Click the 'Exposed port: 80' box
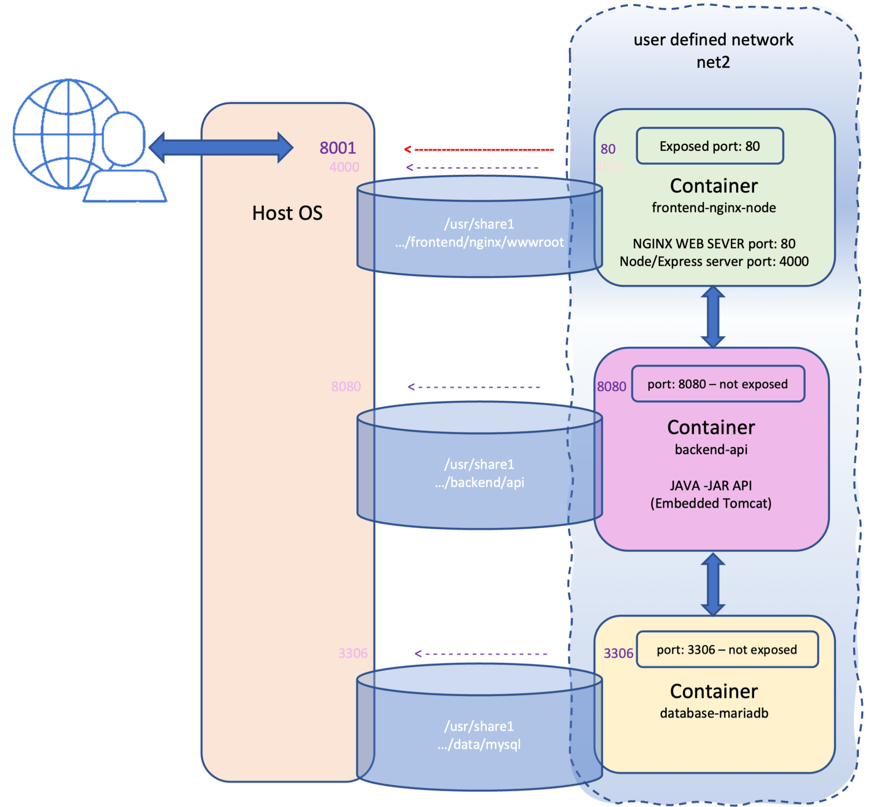click(709, 146)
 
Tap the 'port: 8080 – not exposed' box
click(717, 384)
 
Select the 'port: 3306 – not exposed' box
click(727, 649)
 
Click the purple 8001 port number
click(337, 148)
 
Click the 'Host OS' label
click(287, 213)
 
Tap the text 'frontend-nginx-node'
click(714, 207)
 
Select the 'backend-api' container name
click(711, 449)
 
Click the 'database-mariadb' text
click(714, 713)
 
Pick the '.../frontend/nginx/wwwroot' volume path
click(479, 242)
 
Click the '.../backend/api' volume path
click(479, 482)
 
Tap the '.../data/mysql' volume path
click(479, 745)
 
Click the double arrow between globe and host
click(221, 147)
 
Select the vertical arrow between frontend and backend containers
click(713, 317)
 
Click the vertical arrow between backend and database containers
click(713, 584)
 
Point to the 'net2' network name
click(713, 62)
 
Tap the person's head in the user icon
click(124, 139)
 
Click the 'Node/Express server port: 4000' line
click(714, 261)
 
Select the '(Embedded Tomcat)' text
click(711, 503)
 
